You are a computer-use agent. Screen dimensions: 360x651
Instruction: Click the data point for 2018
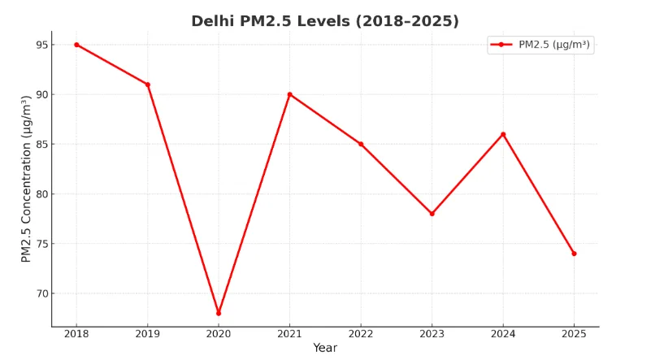76,45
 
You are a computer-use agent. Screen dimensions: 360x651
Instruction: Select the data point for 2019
148,85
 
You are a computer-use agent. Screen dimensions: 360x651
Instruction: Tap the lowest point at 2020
219,313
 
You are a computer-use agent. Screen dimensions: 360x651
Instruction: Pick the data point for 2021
289,94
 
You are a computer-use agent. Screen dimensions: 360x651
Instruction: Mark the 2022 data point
361,144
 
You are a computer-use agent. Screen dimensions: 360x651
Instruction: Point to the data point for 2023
432,214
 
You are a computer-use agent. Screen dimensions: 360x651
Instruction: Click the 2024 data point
503,134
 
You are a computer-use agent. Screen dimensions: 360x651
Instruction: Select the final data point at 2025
574,254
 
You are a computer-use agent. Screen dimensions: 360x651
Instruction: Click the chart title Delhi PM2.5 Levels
325,21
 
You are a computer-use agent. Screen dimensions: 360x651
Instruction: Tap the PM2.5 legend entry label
555,45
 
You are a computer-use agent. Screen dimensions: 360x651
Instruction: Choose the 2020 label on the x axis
219,334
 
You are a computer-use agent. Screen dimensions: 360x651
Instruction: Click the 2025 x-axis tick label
574,334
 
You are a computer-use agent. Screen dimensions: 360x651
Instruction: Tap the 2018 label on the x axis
76,334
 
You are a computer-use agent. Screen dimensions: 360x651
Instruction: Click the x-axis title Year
325,348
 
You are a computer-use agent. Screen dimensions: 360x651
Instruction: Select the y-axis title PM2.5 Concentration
26,179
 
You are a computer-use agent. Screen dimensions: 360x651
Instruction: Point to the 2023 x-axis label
432,334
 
